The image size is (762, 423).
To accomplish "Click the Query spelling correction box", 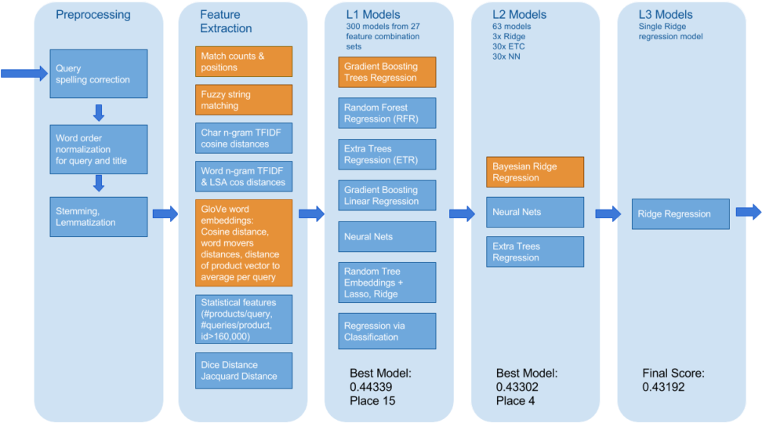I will [98, 74].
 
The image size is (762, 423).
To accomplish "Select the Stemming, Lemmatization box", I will [98, 217].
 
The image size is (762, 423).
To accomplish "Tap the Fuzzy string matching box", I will [243, 100].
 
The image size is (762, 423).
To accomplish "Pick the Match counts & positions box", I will [243, 61].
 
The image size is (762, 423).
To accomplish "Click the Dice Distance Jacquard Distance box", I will [243, 370].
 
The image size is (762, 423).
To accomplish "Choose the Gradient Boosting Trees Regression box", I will [386, 71].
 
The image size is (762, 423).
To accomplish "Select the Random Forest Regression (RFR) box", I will [386, 113].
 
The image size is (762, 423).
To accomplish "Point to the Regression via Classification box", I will [386, 331].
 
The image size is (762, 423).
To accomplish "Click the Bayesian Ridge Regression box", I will [535, 172].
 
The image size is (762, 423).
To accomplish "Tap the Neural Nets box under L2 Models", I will [535, 212].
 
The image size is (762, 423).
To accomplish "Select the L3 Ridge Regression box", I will [680, 213].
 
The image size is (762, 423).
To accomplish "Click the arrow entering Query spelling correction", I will [24, 73].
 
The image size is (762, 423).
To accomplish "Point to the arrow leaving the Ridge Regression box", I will [749, 212].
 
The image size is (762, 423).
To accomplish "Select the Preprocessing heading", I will [93, 15].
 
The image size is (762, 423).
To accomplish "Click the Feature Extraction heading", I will [226, 22].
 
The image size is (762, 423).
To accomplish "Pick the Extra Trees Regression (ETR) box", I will [386, 154].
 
